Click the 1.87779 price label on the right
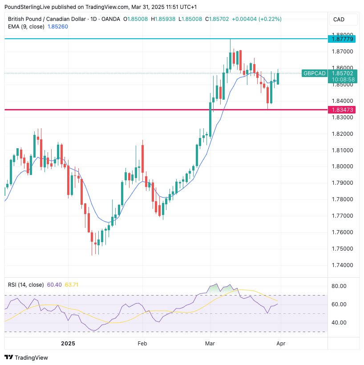pyautogui.click(x=341, y=39)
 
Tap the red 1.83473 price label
pyautogui.click(x=341, y=109)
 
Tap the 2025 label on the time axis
pyautogui.click(x=68, y=344)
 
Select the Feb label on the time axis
pyautogui.click(x=142, y=344)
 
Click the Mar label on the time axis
pyautogui.click(x=210, y=344)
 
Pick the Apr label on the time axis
pyautogui.click(x=281, y=344)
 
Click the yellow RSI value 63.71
pyautogui.click(x=72, y=284)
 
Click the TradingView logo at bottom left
pyautogui.click(x=26, y=357)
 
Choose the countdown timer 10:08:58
pyautogui.click(x=341, y=80)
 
